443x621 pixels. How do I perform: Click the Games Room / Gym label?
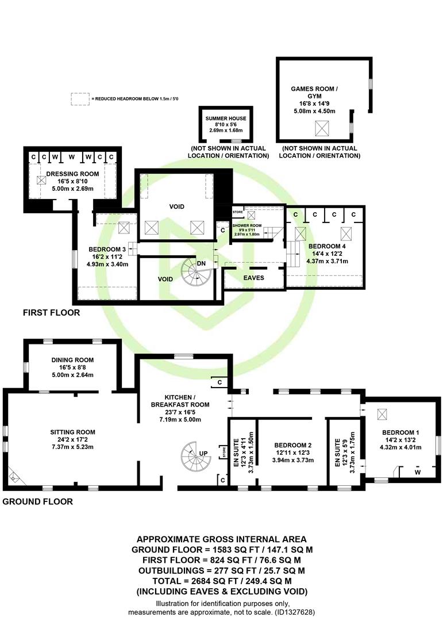coord(314,92)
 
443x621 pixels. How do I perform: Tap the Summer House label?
coord(226,118)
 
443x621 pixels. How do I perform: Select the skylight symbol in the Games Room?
coord(322,128)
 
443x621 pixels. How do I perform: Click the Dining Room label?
coord(72,360)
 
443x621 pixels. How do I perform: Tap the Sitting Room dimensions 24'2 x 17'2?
coord(72,440)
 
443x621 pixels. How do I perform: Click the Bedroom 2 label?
coord(293,445)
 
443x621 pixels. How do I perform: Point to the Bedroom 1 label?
coord(400,432)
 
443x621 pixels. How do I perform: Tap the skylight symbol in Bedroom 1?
coord(382,414)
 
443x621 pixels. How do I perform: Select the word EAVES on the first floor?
coord(254,278)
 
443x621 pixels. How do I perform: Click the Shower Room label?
coord(246,225)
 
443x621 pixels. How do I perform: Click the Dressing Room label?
coord(72,174)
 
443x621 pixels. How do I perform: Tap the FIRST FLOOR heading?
coord(52,313)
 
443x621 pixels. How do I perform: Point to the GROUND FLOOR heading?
coord(37,502)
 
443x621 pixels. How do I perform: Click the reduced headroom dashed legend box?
coord(80,99)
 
